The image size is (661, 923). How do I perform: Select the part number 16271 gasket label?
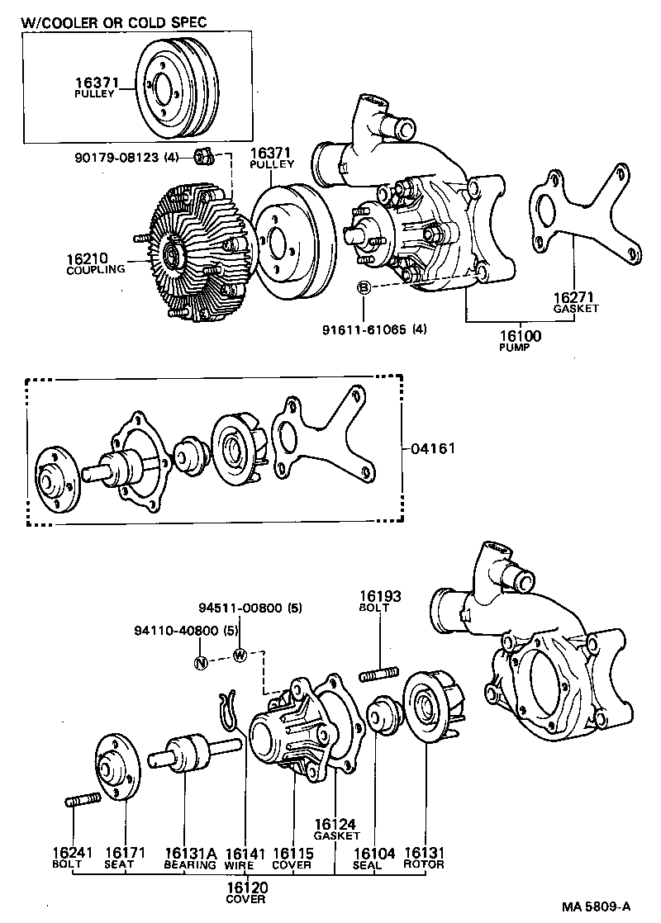(575, 296)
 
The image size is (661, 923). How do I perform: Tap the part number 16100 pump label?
(520, 336)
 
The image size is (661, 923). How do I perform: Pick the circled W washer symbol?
(240, 656)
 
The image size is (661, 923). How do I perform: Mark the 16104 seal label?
(368, 853)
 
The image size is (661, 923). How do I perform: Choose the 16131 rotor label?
(424, 853)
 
